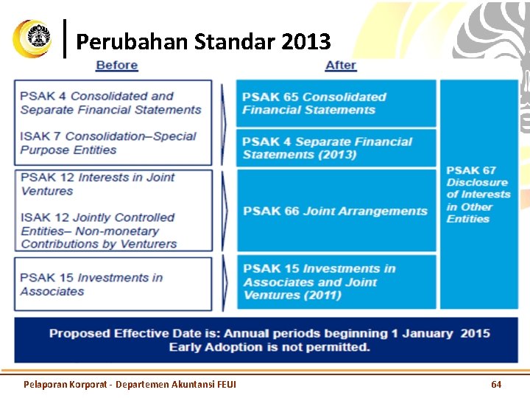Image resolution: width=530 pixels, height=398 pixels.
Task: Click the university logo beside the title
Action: pyautogui.click(x=32, y=38)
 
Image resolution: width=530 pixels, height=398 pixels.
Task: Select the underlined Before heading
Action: pyautogui.click(x=117, y=65)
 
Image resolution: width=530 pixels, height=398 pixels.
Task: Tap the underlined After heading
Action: pyautogui.click(x=341, y=65)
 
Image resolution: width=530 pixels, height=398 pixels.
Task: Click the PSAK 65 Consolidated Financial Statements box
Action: pyautogui.click(x=336, y=103)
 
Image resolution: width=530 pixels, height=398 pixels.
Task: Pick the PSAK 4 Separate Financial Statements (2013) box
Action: pyautogui.click(x=336, y=148)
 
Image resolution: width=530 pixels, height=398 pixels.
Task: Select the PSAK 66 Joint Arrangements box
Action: pyautogui.click(x=336, y=211)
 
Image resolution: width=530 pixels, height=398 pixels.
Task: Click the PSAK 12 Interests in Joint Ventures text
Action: pyautogui.click(x=98, y=184)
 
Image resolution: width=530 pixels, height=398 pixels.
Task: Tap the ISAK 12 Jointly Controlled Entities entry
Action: pyautogui.click(x=99, y=231)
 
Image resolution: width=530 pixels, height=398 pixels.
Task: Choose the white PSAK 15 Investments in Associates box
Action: pyautogui.click(x=113, y=284)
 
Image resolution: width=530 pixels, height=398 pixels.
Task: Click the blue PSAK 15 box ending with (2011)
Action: pyautogui.click(x=336, y=282)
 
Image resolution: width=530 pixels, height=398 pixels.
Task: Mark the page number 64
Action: pyautogui.click(x=496, y=384)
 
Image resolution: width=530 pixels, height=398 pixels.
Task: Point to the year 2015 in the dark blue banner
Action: pyautogui.click(x=475, y=333)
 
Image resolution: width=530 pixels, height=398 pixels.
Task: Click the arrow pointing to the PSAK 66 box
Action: pyautogui.click(x=225, y=211)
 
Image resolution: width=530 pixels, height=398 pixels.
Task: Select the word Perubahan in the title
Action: pyautogui.click(x=132, y=41)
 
